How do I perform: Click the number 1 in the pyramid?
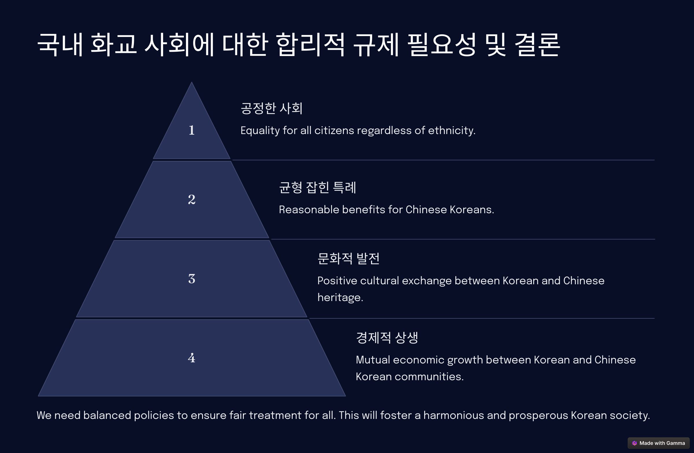click(192, 130)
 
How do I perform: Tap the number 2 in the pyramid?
click(192, 200)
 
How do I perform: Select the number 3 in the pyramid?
click(192, 279)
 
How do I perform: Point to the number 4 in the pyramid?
click(192, 358)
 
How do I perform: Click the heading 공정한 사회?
click(272, 108)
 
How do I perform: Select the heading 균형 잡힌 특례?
click(317, 187)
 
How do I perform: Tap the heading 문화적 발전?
click(348, 258)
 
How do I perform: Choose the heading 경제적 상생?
click(387, 338)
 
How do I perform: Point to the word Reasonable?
click(309, 210)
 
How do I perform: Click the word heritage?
click(340, 298)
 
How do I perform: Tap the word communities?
click(429, 377)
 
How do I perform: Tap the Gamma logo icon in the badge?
click(634, 443)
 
